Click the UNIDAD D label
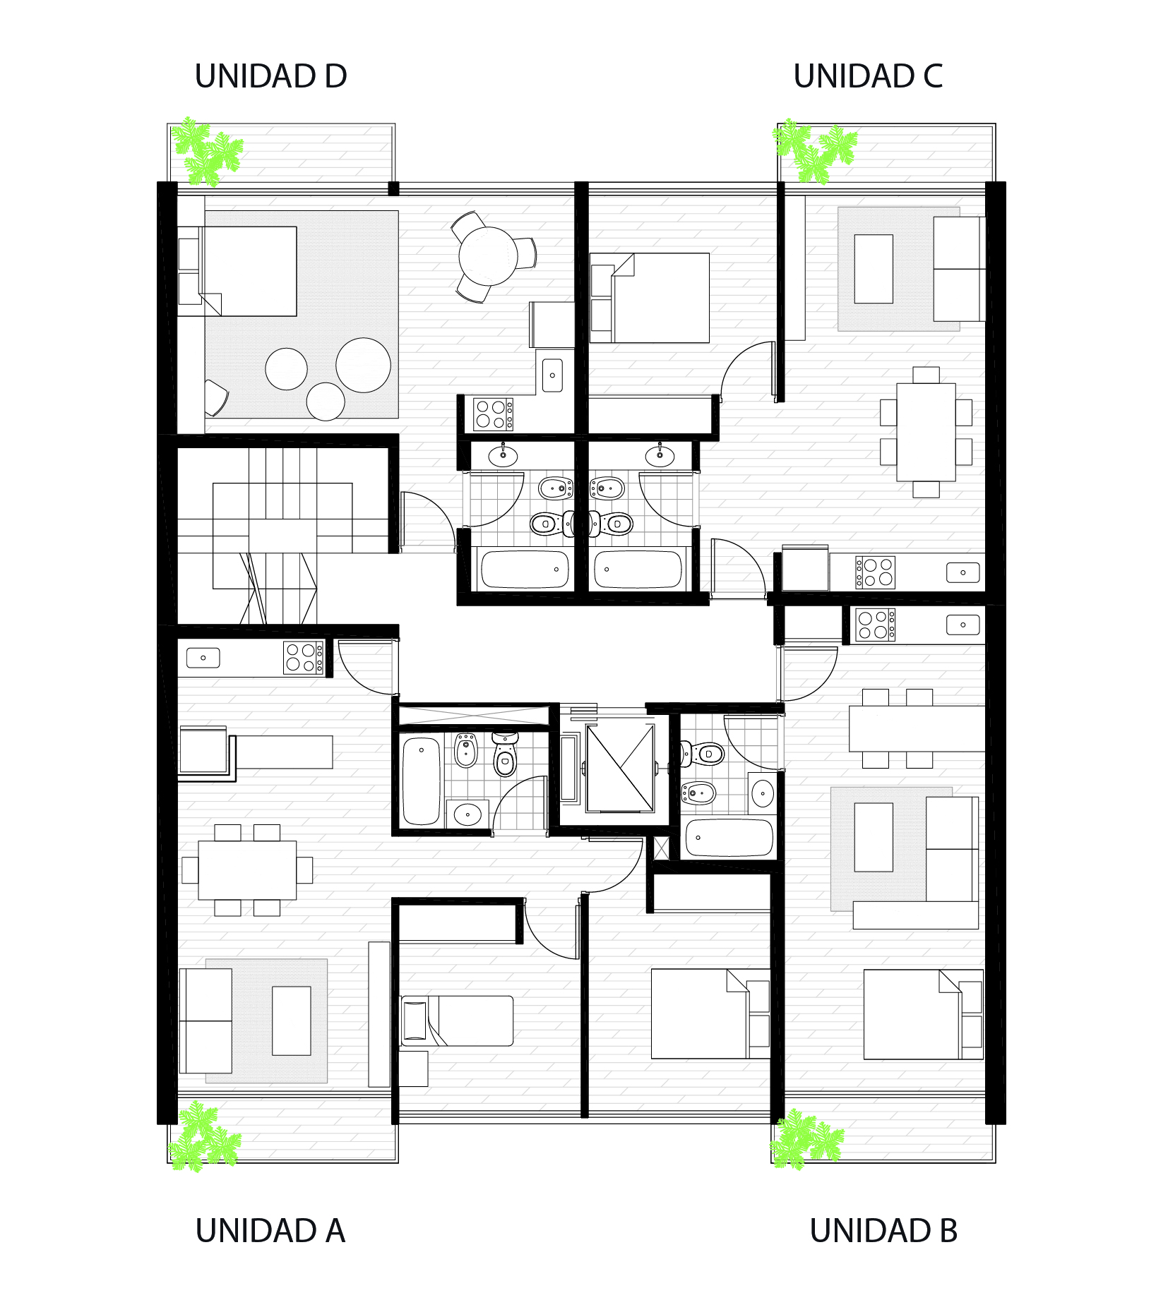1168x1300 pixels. [x=270, y=76]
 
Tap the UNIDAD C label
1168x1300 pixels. [x=868, y=76]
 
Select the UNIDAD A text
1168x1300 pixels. [x=270, y=1231]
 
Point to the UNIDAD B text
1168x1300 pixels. [x=883, y=1231]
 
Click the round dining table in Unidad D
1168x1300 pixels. [x=488, y=256]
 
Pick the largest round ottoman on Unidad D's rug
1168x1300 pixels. [x=363, y=365]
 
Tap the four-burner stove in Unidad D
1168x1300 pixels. [x=493, y=414]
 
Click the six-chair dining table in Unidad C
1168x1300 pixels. [x=926, y=432]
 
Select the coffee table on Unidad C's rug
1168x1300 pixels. [x=874, y=269]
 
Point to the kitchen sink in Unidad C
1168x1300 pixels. [x=963, y=572]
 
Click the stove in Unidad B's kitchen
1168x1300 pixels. [x=875, y=625]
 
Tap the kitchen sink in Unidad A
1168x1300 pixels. [x=203, y=658]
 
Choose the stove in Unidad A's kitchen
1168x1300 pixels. [x=304, y=658]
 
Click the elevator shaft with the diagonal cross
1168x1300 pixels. [x=620, y=768]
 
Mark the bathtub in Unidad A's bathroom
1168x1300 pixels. [x=421, y=781]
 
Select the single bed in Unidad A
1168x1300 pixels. [x=457, y=1021]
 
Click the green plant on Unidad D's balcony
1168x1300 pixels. [x=207, y=152]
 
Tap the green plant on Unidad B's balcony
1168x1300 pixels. [x=806, y=1140]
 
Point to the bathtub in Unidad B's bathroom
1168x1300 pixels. [x=729, y=838]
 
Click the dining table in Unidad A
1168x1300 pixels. [x=247, y=870]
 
